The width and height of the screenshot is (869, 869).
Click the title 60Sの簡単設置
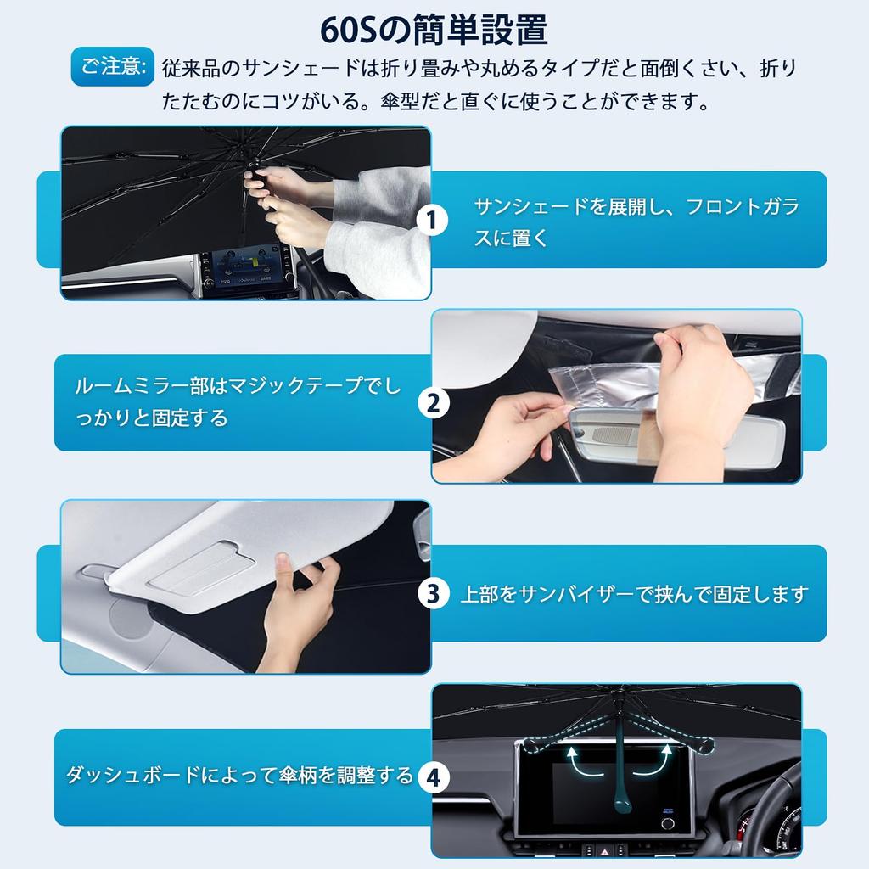tap(434, 30)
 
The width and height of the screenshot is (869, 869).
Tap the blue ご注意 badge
tap(113, 66)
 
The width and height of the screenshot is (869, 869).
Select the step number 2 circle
tap(434, 403)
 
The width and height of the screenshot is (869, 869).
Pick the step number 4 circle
tap(434, 777)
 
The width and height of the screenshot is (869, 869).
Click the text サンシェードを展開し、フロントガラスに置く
tap(636, 221)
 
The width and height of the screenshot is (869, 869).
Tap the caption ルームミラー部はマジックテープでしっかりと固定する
tap(238, 401)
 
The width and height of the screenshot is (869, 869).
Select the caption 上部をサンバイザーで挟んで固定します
tap(633, 594)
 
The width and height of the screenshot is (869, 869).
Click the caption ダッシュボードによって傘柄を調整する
tap(239, 774)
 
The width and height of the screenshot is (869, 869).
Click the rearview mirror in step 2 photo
tap(676, 435)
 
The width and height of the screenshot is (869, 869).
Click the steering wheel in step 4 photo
tap(773, 798)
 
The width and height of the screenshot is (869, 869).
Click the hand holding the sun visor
tap(297, 609)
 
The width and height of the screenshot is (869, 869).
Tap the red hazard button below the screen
tap(589, 849)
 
